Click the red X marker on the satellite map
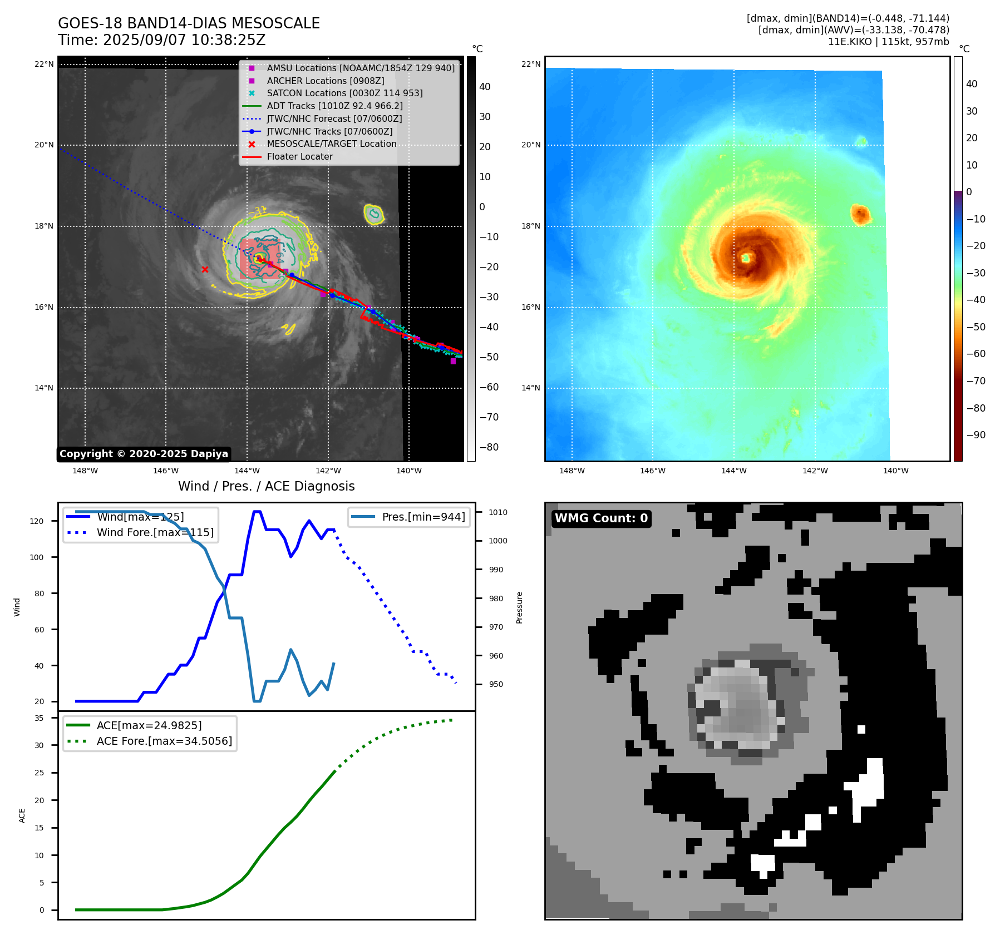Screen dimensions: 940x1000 click(x=205, y=270)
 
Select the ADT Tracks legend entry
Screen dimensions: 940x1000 click(x=334, y=106)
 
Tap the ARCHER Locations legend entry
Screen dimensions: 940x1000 click(x=325, y=81)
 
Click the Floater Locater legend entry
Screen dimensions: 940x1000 click(x=299, y=157)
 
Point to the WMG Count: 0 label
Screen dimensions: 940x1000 click(x=601, y=518)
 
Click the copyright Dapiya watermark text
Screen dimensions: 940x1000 click(x=144, y=454)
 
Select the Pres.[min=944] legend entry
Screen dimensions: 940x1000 click(x=423, y=517)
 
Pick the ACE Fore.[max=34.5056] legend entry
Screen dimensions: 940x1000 click(x=164, y=741)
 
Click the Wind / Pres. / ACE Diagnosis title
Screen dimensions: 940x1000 click(x=266, y=486)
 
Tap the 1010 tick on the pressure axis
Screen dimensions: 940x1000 click(x=498, y=512)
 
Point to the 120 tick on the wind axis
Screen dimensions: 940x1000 click(x=37, y=521)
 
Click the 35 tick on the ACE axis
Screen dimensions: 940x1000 click(x=39, y=718)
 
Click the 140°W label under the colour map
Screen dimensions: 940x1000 click(x=895, y=471)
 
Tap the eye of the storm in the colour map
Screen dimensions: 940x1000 click(x=746, y=258)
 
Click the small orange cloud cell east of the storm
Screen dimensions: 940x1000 click(x=860, y=214)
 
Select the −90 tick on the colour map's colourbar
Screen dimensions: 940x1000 click(x=976, y=435)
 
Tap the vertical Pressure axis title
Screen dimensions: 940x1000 click(x=519, y=607)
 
